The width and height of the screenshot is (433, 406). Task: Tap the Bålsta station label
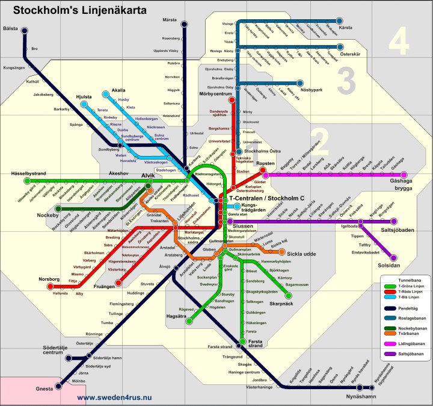[x=11, y=28]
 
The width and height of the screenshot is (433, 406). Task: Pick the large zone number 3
[x=347, y=81]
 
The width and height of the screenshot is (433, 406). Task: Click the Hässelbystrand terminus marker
[x=26, y=181]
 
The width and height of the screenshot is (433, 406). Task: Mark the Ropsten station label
[x=265, y=163]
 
